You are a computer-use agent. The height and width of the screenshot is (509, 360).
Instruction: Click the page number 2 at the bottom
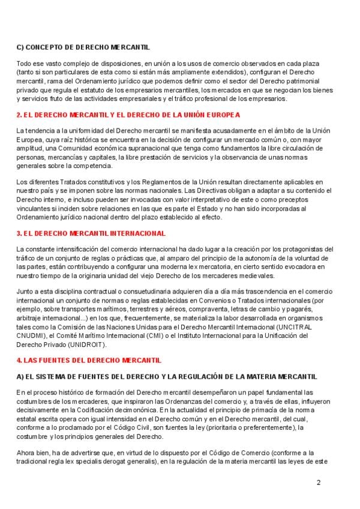coord(319,482)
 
